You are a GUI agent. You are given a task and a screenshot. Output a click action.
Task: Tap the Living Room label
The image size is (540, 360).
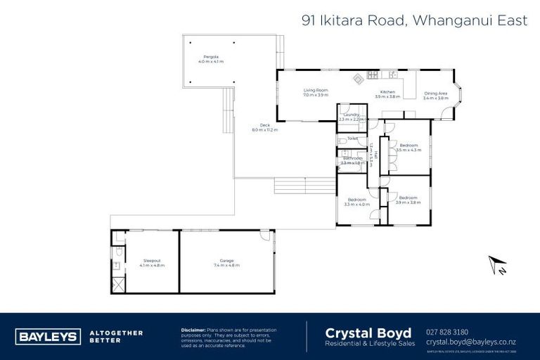pyautogui.click(x=316, y=91)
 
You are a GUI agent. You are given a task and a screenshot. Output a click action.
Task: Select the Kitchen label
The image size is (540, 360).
pyautogui.click(x=387, y=92)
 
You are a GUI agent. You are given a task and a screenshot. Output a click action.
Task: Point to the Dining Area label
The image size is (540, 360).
pyautogui.click(x=435, y=94)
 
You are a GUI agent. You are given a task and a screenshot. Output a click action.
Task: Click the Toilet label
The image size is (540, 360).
pyautogui.click(x=352, y=139)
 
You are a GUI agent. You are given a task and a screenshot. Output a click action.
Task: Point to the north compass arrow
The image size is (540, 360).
pyautogui.click(x=498, y=265)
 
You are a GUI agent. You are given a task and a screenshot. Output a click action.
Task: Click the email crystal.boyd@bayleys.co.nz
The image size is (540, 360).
pyautogui.click(x=475, y=342)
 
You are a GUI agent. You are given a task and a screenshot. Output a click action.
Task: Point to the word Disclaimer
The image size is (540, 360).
pyautogui.click(x=193, y=329)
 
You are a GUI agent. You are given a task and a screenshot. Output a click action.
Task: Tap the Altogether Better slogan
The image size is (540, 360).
pyautogui.click(x=116, y=336)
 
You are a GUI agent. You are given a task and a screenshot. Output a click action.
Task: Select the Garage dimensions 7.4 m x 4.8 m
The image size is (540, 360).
pyautogui.click(x=225, y=265)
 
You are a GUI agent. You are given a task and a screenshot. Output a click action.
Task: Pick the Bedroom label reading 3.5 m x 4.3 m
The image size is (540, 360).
pyautogui.click(x=409, y=148)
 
